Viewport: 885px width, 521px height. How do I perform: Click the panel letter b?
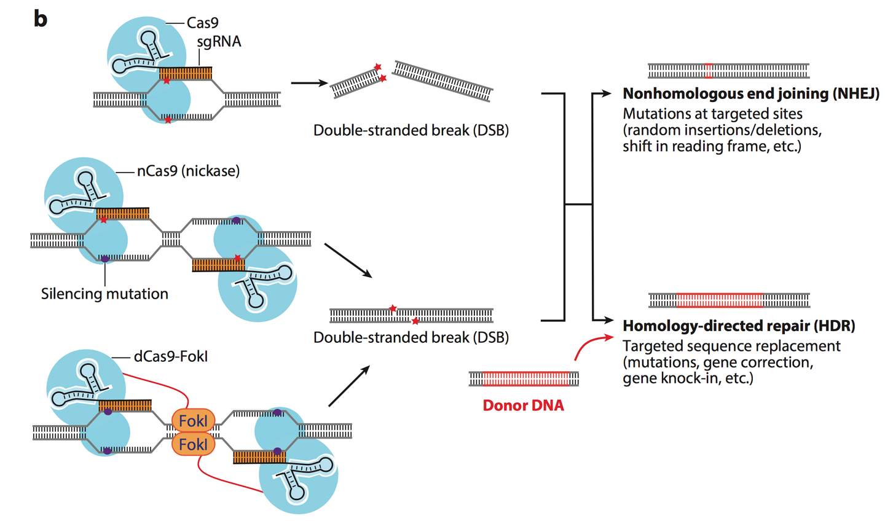(40, 19)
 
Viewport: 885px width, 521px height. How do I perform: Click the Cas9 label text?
(202, 23)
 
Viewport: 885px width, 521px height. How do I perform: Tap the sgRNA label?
(219, 42)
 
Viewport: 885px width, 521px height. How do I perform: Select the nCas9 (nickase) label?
(188, 171)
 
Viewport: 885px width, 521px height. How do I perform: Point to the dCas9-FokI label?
(171, 356)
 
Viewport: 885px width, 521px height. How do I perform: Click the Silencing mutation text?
(104, 294)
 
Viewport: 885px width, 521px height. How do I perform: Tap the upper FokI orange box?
(193, 421)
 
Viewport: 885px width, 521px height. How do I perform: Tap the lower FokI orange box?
(193, 444)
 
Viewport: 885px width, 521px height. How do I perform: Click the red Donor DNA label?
(523, 405)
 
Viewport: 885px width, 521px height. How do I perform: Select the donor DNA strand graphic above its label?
(524, 378)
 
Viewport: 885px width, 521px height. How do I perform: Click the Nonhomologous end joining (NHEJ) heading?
(751, 93)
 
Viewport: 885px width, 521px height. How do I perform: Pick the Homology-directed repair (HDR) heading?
(739, 326)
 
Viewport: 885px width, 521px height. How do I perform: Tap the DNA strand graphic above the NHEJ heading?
(728, 71)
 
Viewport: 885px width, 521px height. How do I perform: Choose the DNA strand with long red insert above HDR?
(729, 300)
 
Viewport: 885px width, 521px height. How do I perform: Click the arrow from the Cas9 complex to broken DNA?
(309, 82)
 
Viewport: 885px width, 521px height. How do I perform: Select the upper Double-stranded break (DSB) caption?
(411, 130)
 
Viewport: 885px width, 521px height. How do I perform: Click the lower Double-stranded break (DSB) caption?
(411, 337)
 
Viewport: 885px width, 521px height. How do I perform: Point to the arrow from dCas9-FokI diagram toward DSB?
(348, 386)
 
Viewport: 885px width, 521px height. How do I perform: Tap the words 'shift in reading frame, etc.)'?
(712, 146)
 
